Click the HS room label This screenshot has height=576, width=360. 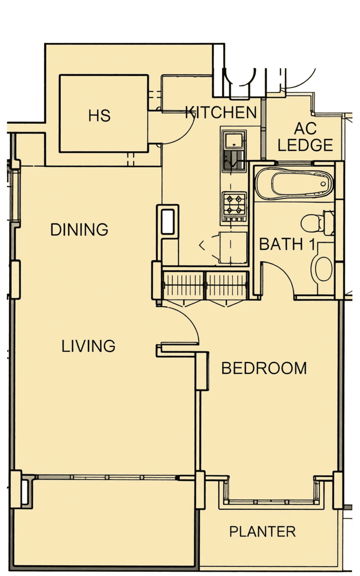click(99, 116)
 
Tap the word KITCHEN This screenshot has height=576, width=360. click(221, 112)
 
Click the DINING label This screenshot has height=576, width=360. click(79, 229)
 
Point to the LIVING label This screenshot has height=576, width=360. click(88, 346)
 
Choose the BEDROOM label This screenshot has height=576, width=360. click(264, 368)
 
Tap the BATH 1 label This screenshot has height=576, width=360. click(287, 244)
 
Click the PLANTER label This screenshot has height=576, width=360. click(262, 531)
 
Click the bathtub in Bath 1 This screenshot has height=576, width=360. click(294, 184)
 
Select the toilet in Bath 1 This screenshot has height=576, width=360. click(318, 223)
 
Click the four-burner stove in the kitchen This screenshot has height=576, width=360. click(234, 206)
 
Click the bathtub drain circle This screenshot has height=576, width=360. click(323, 184)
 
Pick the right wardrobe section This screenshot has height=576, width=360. click(227, 285)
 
